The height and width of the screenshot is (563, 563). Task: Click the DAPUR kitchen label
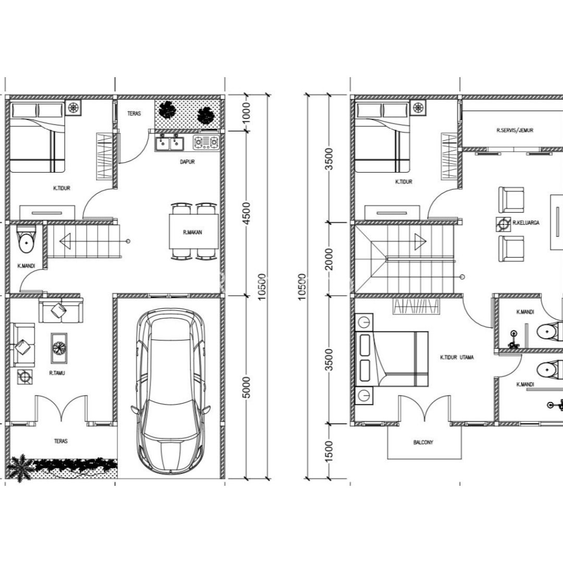click(x=187, y=162)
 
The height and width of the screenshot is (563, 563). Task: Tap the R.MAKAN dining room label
click(x=192, y=233)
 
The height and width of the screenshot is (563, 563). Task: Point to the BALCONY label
click(x=423, y=443)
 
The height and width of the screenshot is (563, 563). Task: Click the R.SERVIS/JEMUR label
click(x=515, y=130)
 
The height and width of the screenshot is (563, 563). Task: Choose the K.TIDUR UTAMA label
click(x=457, y=358)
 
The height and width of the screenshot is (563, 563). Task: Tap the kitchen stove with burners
click(x=206, y=142)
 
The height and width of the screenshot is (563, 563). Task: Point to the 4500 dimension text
click(x=247, y=213)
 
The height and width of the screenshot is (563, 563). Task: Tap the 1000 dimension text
click(x=247, y=112)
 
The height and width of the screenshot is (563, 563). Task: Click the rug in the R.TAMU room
click(x=59, y=348)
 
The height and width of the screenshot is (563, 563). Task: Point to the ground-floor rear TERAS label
click(x=133, y=113)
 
